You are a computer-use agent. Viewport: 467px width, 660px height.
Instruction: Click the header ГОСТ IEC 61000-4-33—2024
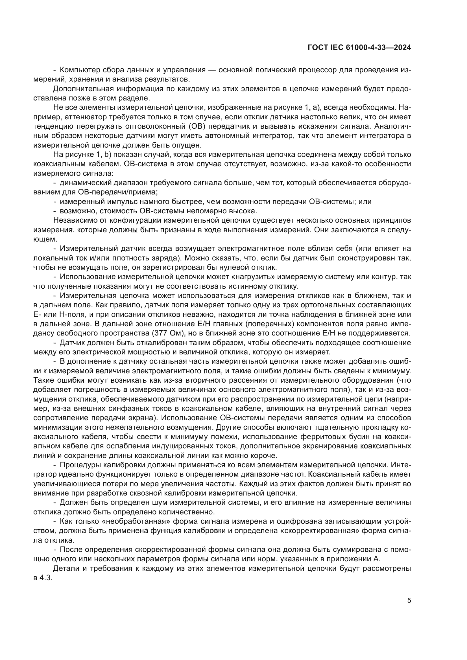point(359,48)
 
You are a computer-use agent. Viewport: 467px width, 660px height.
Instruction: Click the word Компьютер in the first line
point(77,70)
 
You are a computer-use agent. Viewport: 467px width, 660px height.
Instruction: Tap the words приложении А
point(352,559)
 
